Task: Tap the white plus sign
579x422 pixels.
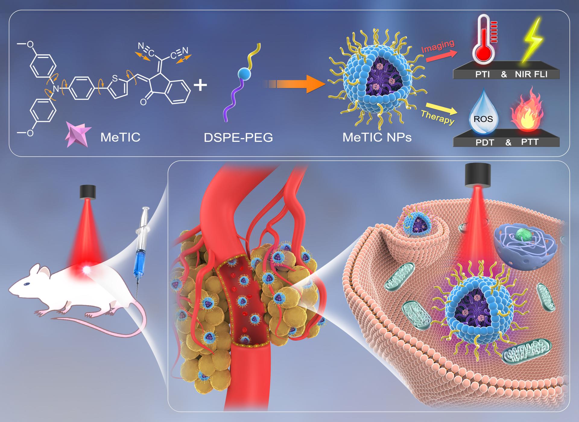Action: pos(200,85)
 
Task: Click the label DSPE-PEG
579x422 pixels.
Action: pos(238,138)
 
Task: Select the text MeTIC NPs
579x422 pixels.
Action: pos(377,138)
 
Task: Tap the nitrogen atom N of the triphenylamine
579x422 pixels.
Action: pos(55,89)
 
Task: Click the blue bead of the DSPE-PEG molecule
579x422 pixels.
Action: pos(244,73)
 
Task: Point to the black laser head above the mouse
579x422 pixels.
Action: pos(88,192)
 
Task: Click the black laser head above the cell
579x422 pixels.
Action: pos(478,174)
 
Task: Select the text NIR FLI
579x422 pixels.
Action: pos(531,74)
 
